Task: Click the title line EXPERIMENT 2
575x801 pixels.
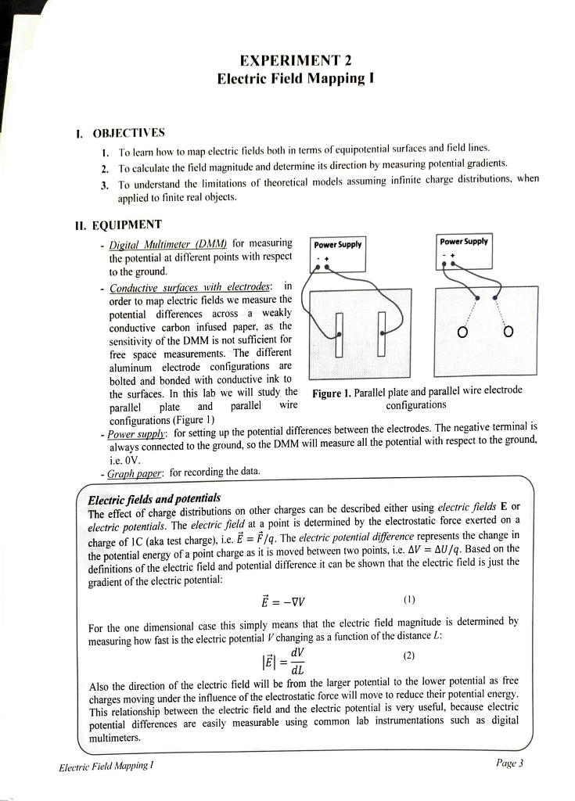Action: point(289,61)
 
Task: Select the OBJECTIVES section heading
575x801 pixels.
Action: point(128,132)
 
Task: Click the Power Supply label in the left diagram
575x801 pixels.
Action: point(337,244)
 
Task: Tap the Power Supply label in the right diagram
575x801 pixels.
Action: point(464,242)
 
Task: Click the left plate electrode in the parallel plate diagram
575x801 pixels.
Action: point(340,332)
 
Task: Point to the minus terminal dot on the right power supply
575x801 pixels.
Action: point(444,264)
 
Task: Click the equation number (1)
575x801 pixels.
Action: point(408,600)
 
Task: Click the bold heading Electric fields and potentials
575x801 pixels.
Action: point(154,499)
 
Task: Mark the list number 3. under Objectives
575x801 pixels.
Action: point(104,185)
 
